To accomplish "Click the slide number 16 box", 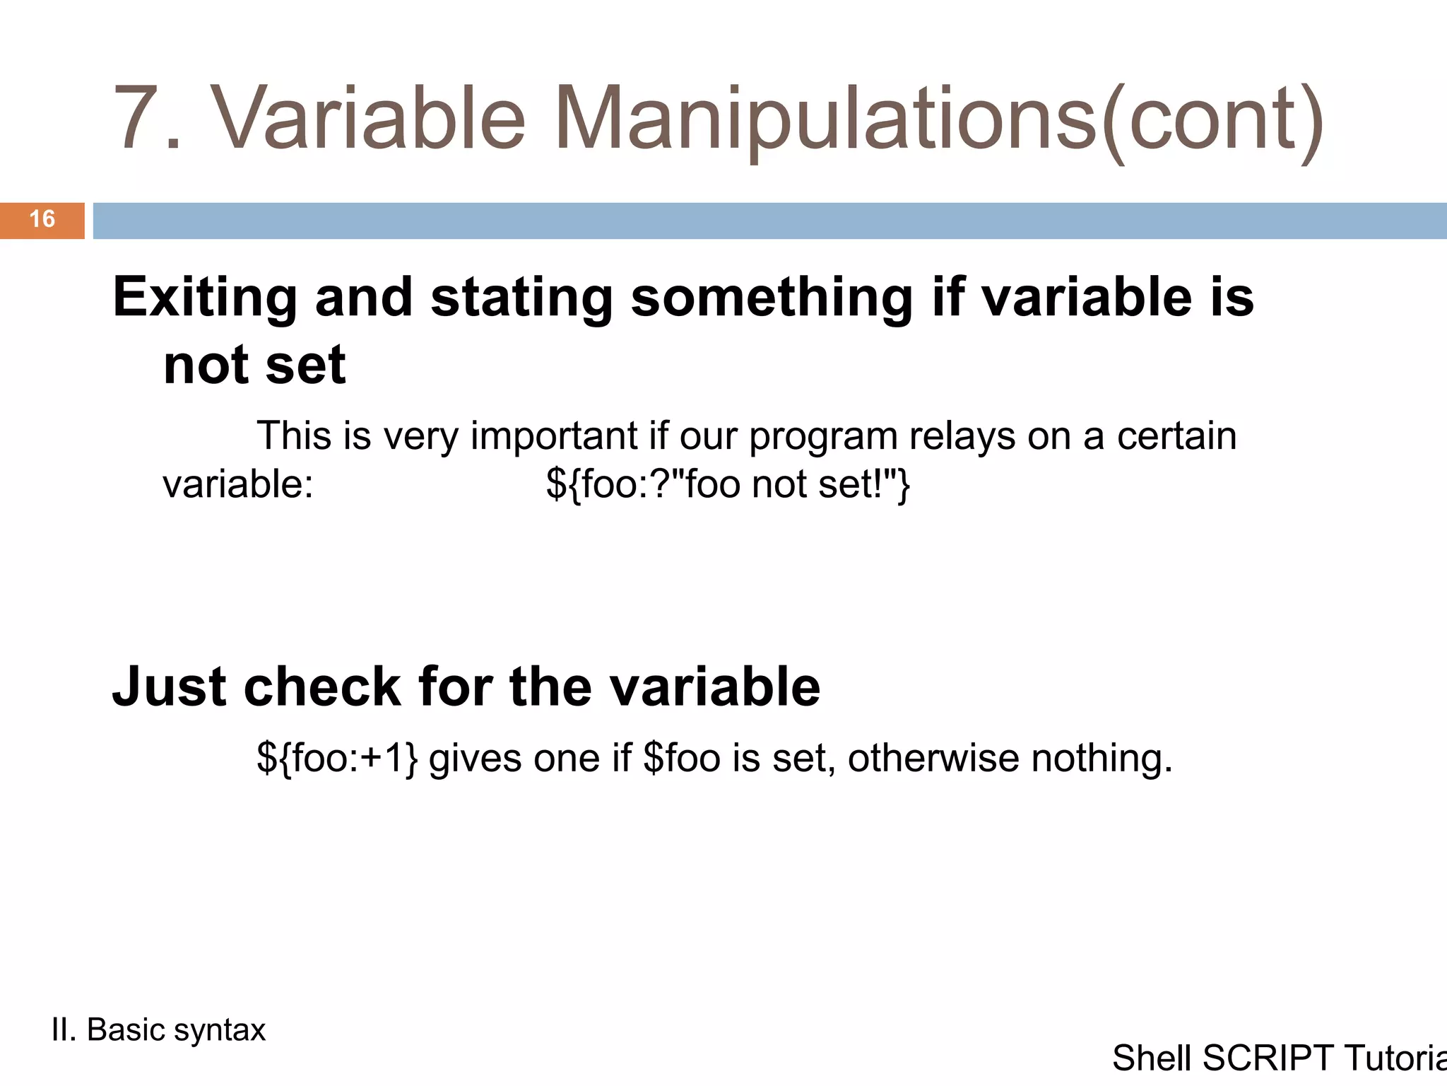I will pos(42,220).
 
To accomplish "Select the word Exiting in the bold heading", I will pos(205,298).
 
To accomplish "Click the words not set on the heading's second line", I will pos(254,366).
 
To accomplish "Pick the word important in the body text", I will pos(555,436).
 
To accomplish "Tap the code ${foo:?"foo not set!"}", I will pos(728,485).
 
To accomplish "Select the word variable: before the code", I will pos(238,485).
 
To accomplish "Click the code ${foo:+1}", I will pos(337,759).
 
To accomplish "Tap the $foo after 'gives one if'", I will pos(683,759).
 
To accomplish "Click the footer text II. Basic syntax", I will pos(158,1030).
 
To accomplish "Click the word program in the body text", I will pos(823,437).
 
